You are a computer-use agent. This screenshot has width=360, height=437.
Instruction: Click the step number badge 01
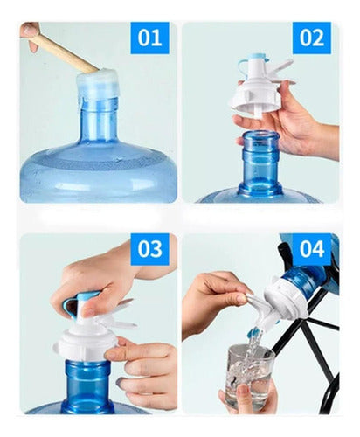[x=149, y=38]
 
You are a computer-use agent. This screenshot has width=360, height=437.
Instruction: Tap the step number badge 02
[x=312, y=38]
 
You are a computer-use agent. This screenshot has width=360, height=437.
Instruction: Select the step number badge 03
[x=149, y=250]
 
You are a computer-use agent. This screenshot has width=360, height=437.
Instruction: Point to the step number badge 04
[x=312, y=250]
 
